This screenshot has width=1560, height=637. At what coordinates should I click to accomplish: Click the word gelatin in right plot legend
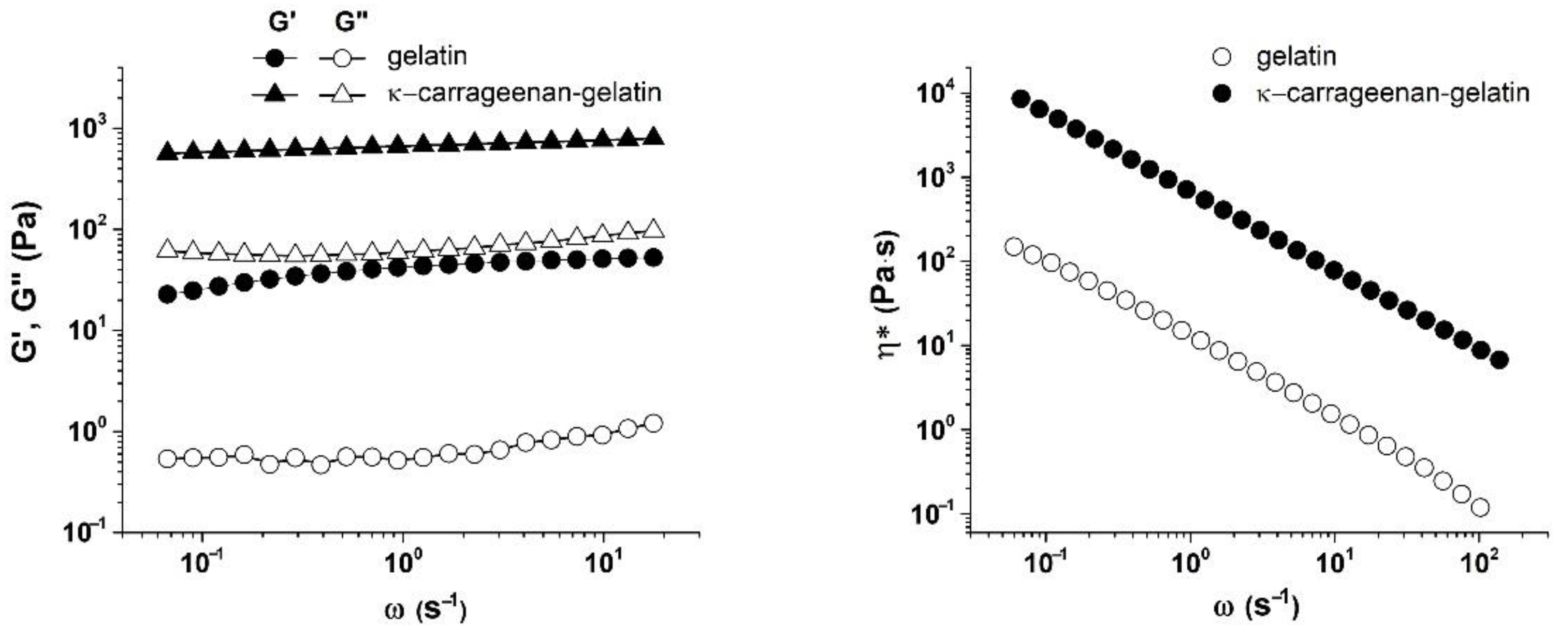[x=1296, y=57]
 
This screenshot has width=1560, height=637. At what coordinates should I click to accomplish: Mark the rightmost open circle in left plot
[x=653, y=423]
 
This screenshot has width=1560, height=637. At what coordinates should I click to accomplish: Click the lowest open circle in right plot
[x=1479, y=508]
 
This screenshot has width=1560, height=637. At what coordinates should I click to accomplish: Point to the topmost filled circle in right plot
[x=1022, y=99]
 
